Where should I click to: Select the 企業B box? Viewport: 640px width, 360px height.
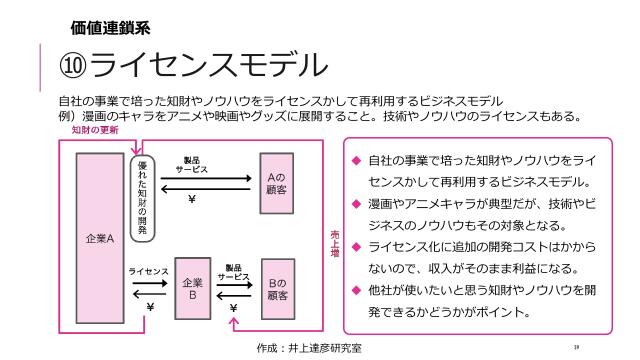click(192, 289)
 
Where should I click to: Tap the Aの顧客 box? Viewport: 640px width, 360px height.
click(277, 181)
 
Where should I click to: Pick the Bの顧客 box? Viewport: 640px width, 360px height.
click(277, 289)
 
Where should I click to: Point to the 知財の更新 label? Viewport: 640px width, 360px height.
click(93, 130)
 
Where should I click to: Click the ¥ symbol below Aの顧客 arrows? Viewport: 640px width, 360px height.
click(191, 198)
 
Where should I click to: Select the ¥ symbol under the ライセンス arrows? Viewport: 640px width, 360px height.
click(149, 307)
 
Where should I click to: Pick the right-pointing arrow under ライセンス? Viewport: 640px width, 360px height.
click(149, 283)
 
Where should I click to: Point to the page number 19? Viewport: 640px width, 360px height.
click(577, 346)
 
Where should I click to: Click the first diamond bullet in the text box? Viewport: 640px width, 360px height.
click(355, 160)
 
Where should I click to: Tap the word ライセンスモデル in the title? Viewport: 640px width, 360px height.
click(209, 66)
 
